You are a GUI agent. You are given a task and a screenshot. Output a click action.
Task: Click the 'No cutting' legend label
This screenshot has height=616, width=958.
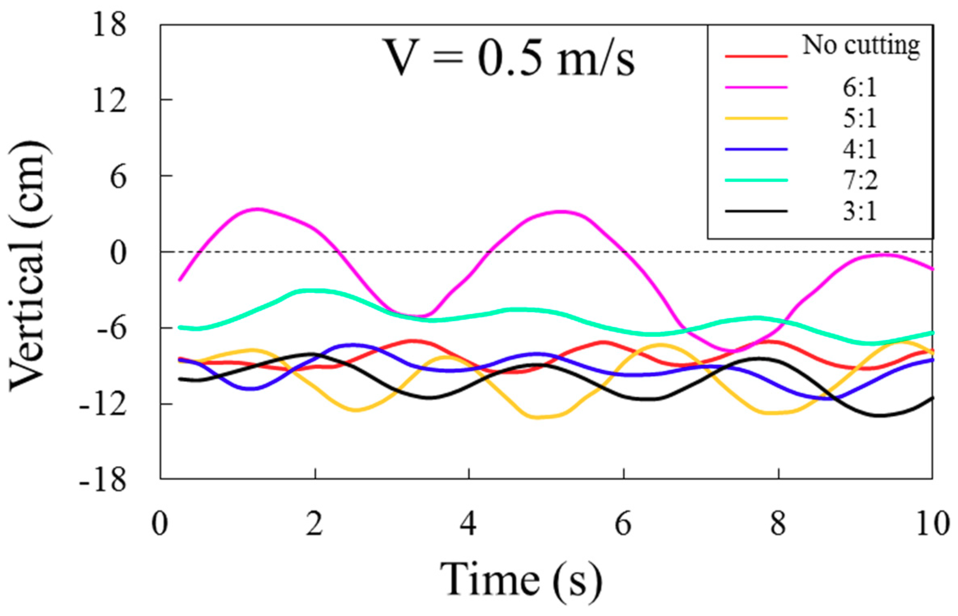point(861,46)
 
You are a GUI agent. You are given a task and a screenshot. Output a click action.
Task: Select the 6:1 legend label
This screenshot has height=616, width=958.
point(860,87)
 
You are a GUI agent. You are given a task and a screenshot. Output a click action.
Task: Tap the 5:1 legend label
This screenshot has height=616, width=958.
point(860,119)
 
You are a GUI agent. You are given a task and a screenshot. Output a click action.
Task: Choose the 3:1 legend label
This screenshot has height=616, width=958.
point(860,212)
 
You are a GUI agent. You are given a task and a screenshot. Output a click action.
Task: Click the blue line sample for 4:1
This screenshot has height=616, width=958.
point(756,149)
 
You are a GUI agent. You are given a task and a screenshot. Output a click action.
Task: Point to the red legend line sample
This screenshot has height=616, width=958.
point(756,56)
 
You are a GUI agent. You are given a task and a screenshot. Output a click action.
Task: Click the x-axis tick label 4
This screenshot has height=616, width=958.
point(469,524)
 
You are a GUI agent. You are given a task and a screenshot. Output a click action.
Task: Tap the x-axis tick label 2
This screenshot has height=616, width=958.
point(315,524)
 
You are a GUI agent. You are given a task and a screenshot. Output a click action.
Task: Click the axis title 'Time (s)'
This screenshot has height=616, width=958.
point(521,580)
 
